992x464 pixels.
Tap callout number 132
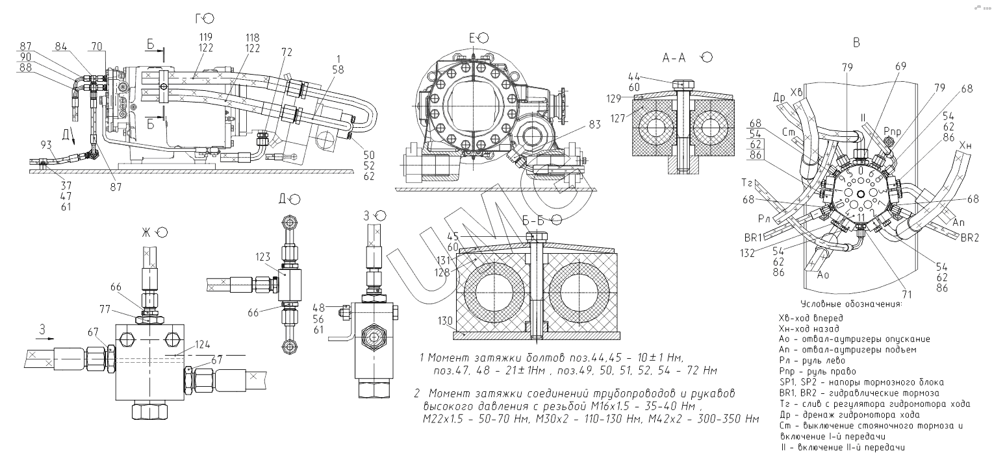(747, 253)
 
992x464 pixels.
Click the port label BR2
(969, 238)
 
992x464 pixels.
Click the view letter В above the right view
(856, 42)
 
